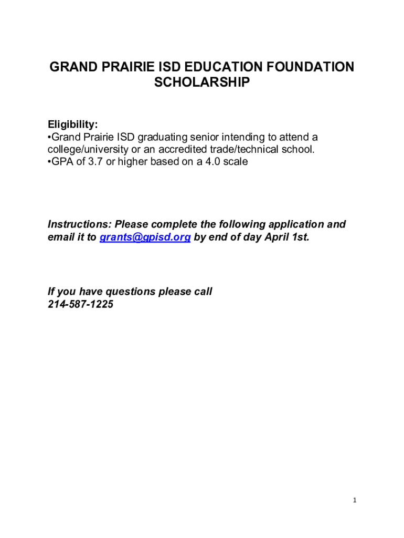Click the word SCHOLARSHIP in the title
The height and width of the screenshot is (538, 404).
tap(201, 82)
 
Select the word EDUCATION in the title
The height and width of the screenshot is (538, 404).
tap(210, 67)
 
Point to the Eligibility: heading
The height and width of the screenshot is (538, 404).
tap(73, 125)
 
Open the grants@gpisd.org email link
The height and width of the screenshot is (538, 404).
tap(145, 237)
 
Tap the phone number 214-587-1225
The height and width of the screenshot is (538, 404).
tap(80, 304)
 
